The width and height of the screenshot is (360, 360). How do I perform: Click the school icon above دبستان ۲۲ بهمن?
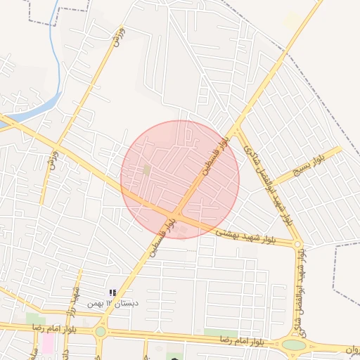click(113, 292)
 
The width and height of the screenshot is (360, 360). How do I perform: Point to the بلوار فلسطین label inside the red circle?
click(217, 155)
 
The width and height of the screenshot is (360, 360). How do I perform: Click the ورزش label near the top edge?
click(117, 35)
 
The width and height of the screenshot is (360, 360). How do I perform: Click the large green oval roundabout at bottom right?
click(295, 345)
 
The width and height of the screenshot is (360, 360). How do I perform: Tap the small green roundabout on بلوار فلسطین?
click(101, 331)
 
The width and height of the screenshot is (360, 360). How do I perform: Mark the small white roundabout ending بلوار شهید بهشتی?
click(298, 245)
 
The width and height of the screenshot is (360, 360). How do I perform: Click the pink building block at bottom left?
click(48, 344)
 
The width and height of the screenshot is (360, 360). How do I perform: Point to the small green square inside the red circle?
click(146, 169)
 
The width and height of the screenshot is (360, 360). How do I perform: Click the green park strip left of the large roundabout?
click(221, 333)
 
